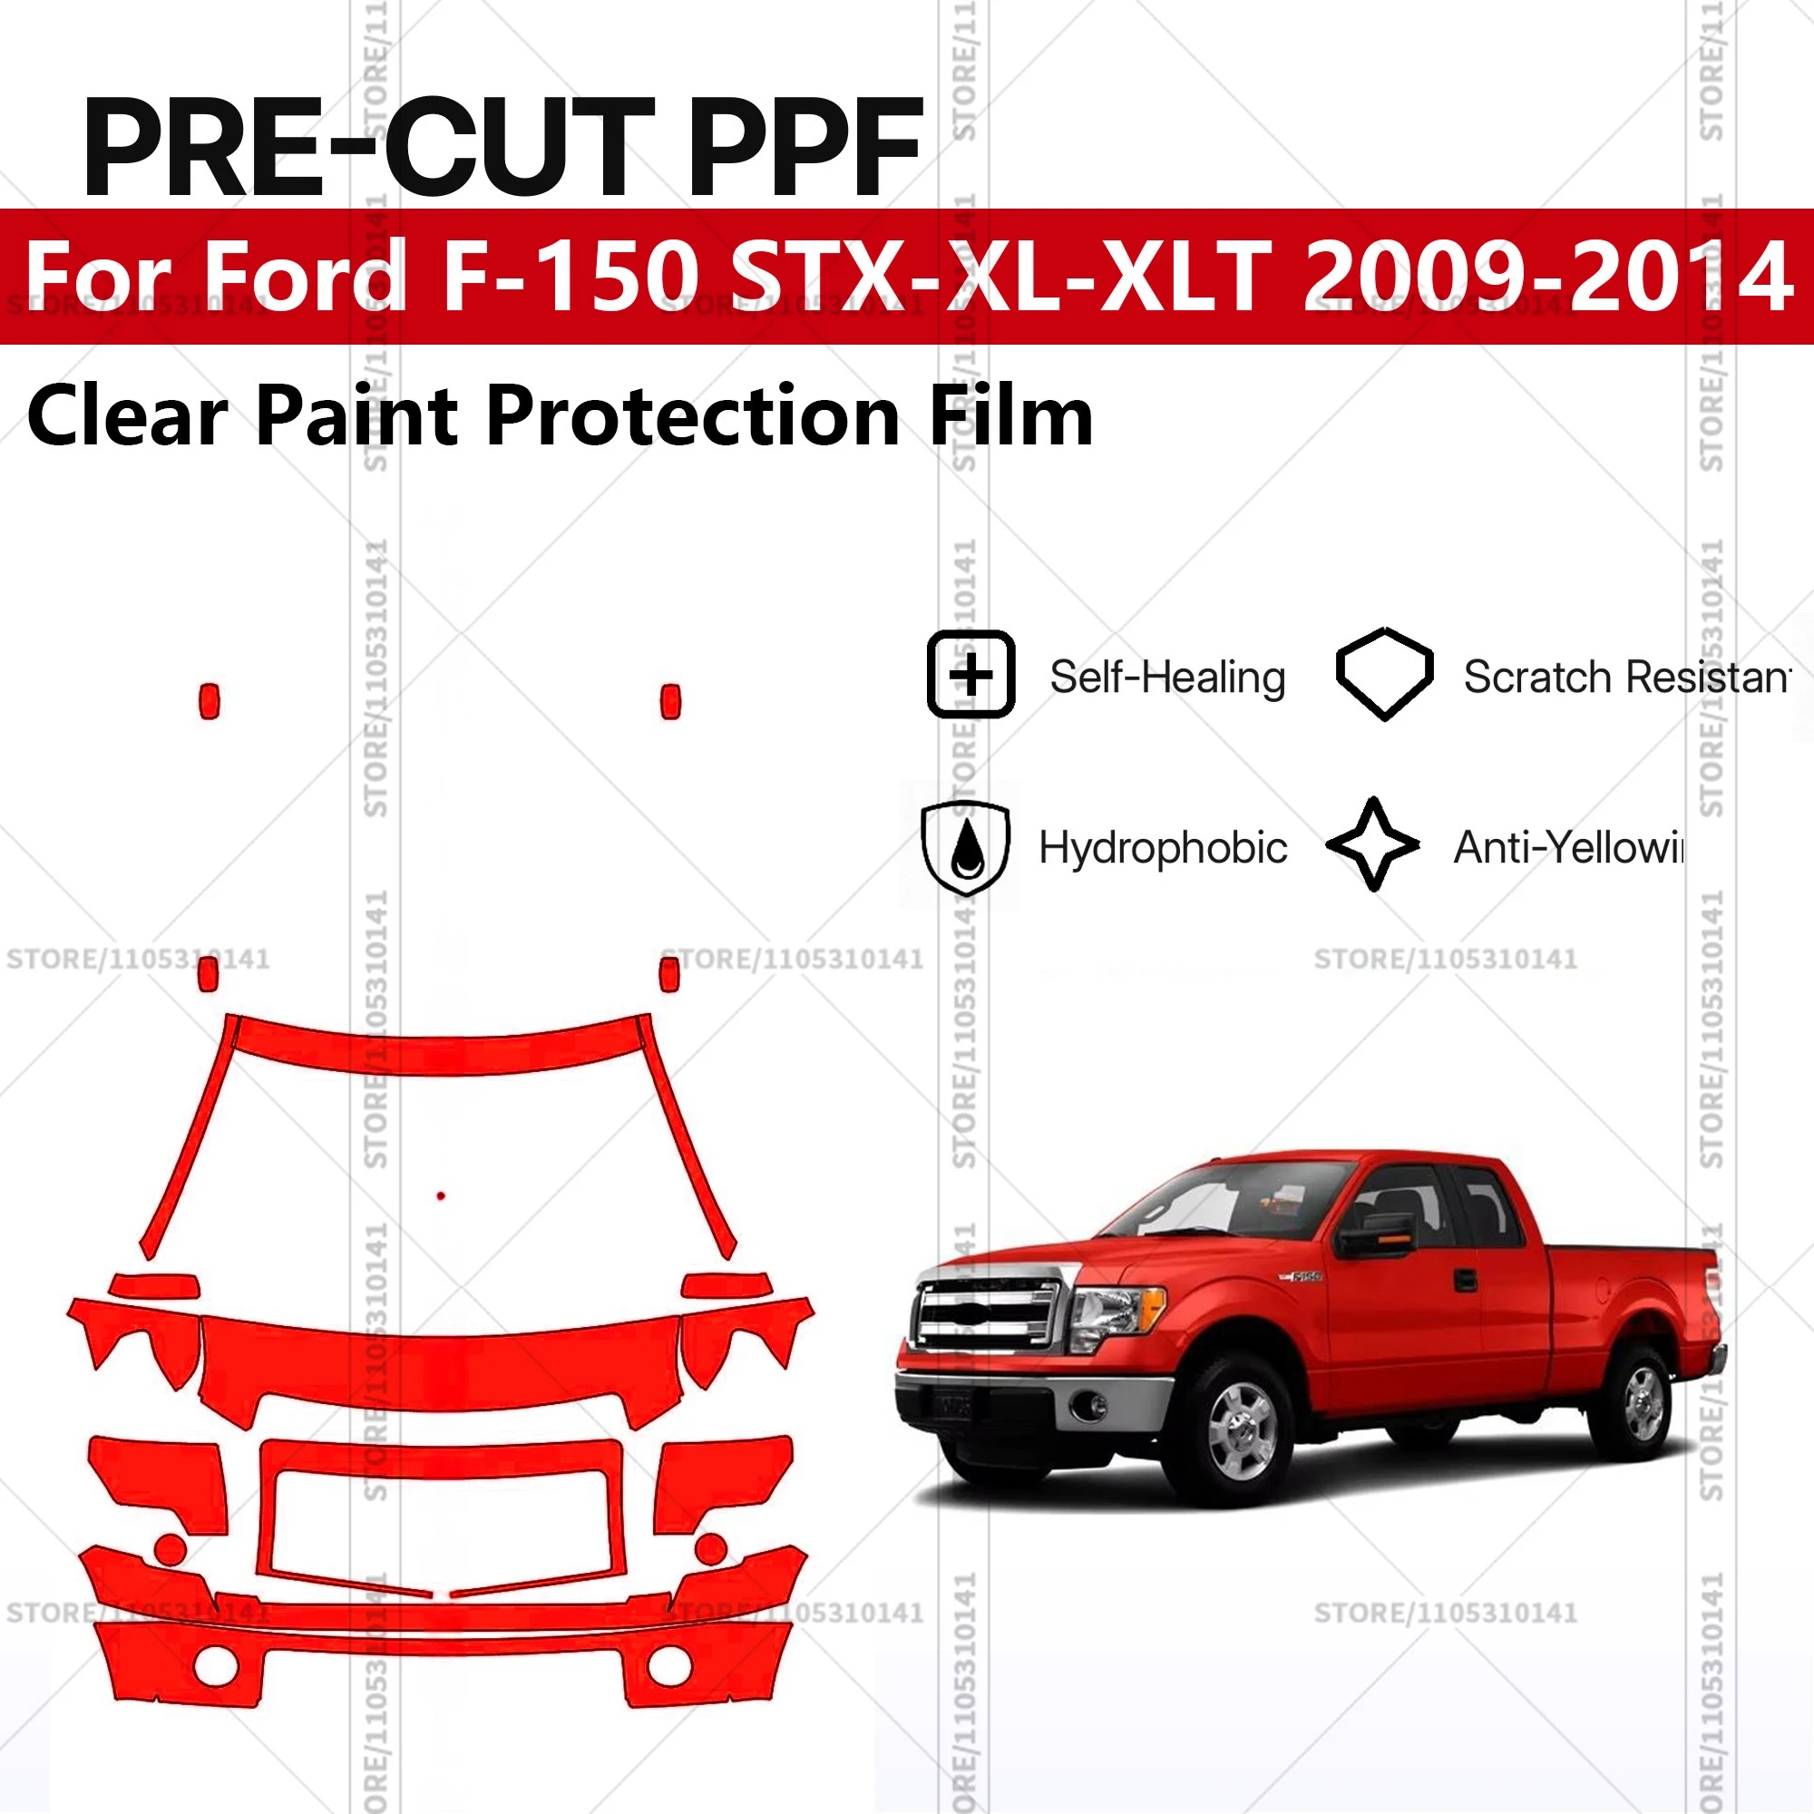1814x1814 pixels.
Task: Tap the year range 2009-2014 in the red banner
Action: [x=1546, y=276]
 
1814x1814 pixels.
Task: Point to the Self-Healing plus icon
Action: [x=970, y=675]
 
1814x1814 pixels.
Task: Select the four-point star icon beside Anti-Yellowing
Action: [x=1373, y=844]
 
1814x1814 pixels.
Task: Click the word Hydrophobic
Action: [x=1163, y=848]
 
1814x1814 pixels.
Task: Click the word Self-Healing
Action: [x=1167, y=677]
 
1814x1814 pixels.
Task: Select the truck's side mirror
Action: [x=1373, y=1235]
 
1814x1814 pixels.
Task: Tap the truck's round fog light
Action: [x=1090, y=1406]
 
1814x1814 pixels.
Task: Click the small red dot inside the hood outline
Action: [x=442, y=1195]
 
